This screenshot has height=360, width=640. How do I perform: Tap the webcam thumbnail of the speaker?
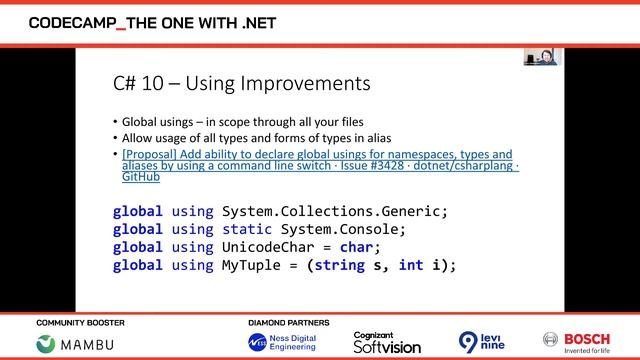(542, 57)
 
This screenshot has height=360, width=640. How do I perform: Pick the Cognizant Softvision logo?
(387, 342)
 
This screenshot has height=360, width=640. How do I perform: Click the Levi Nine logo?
(482, 342)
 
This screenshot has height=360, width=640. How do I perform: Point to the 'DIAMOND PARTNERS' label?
(289, 323)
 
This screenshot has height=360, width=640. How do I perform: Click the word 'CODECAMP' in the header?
(72, 21)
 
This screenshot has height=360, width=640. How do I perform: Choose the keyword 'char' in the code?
(357, 247)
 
